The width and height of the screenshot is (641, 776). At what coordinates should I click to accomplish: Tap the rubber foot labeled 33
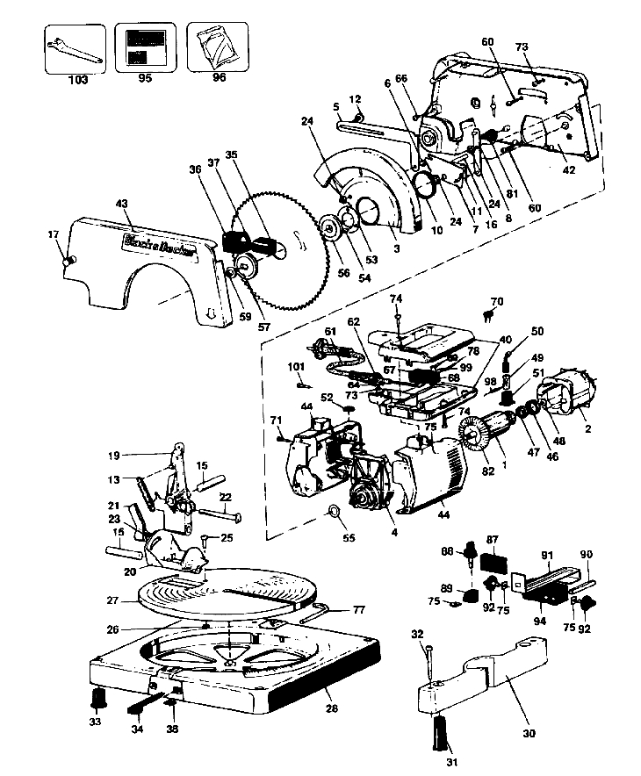pos(97,699)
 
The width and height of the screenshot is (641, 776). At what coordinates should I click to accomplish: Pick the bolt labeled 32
pos(430,659)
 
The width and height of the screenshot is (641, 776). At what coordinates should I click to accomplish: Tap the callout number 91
pos(546,556)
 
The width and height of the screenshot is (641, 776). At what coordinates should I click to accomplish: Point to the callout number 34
pos(136,729)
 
